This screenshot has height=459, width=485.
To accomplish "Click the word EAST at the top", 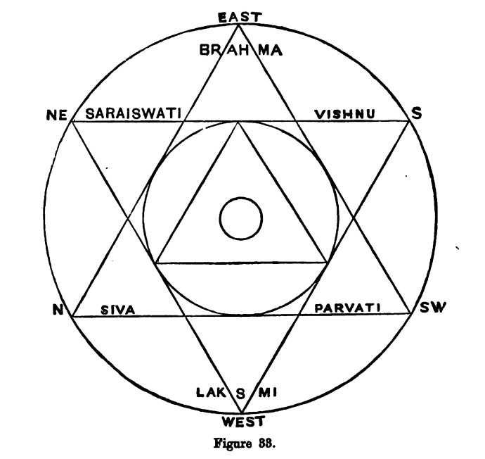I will coord(239,16).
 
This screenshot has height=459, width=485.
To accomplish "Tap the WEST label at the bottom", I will coord(240,422).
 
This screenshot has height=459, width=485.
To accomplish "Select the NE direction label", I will coord(55,115).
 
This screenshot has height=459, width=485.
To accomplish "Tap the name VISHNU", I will coord(343,113).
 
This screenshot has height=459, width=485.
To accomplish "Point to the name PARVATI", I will coord(347,308).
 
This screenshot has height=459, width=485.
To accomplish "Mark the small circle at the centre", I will coord(240,218).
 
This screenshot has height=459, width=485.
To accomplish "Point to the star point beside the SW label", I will coord(410,315).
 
